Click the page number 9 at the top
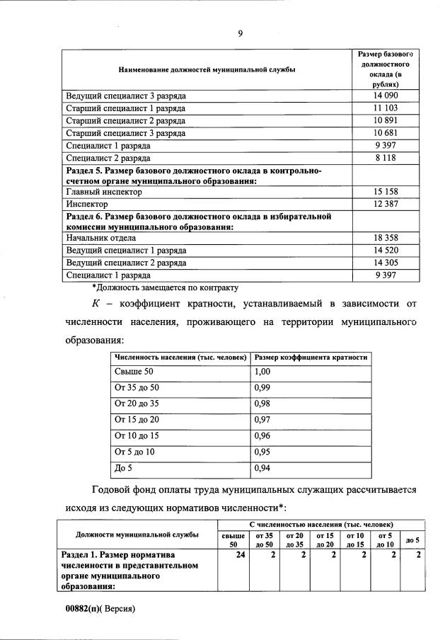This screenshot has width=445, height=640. click(x=241, y=33)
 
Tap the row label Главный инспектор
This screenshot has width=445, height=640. click(x=104, y=192)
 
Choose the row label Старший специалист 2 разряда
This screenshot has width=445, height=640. click(x=126, y=120)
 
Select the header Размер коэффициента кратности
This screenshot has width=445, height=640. click(x=311, y=358)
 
